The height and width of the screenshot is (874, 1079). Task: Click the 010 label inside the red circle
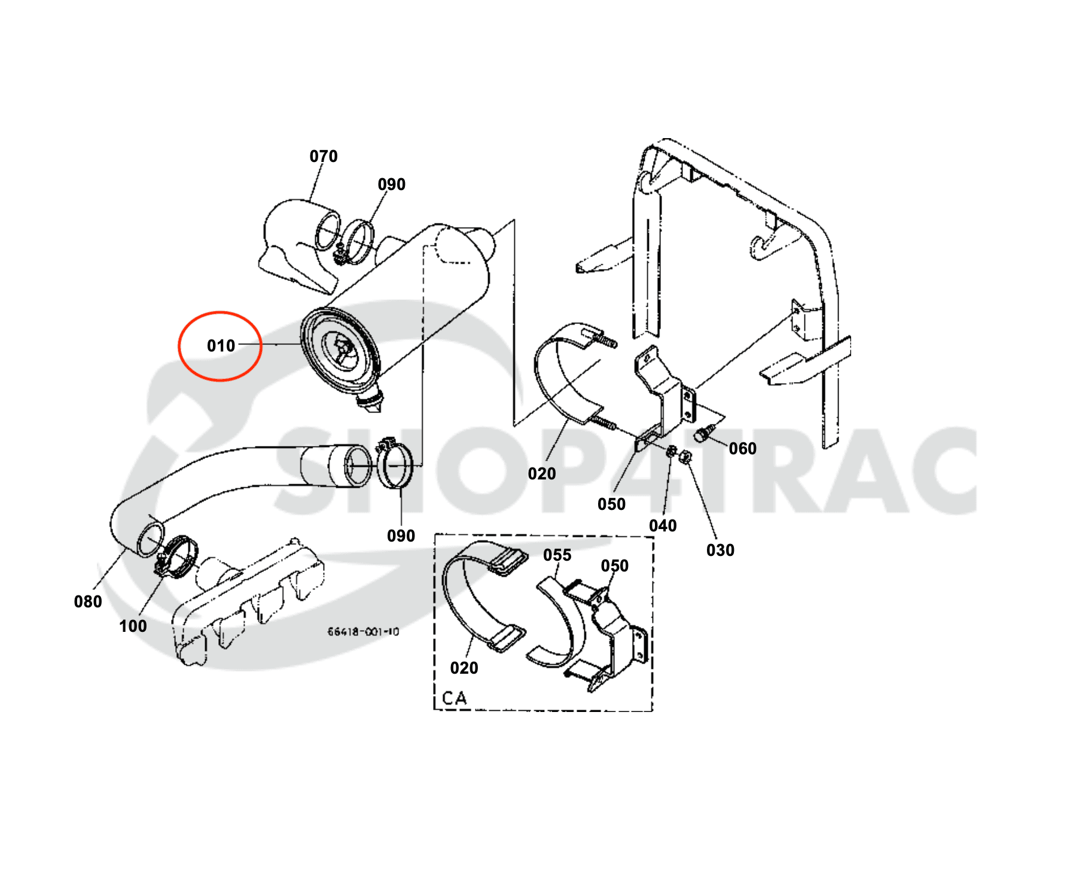pos(221,346)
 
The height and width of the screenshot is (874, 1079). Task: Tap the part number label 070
pos(324,156)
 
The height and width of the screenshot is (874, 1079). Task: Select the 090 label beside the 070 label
pos(392,184)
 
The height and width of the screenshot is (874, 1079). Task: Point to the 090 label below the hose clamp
pos(401,536)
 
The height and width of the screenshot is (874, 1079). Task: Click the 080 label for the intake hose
pos(88,601)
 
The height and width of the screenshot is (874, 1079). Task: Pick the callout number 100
pos(133,626)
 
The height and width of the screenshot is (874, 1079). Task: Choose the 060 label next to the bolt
pos(742,448)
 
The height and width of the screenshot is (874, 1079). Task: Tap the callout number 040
pos(663,525)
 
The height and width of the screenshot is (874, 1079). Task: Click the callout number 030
pos(720,550)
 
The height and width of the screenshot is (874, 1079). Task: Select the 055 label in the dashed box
pos(557,555)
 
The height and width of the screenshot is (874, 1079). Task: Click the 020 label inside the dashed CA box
pos(464,668)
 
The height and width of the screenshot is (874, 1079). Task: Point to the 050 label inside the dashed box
pos(614,566)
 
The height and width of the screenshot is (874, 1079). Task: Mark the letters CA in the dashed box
pos(454,698)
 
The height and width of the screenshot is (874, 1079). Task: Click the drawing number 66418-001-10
pos(363,631)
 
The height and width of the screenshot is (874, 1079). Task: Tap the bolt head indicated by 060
pos(702,435)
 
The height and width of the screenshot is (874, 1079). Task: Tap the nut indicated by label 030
pos(685,457)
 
